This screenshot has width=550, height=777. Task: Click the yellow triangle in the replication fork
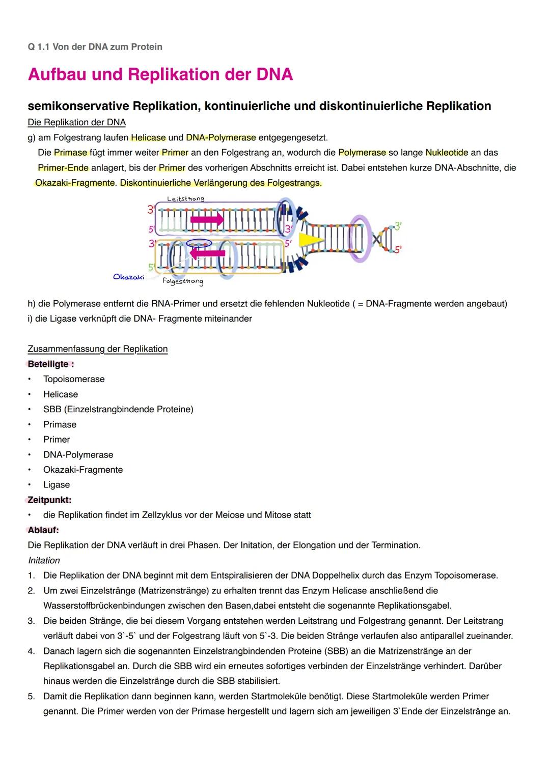308,241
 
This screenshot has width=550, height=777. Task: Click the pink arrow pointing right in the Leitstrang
207,219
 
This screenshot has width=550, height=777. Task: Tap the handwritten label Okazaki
128,277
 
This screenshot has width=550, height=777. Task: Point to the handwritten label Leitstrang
185,198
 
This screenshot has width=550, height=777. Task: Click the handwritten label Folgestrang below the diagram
183,281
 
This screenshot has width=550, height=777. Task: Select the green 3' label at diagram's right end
398,226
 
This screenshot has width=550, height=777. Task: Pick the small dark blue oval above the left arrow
199,243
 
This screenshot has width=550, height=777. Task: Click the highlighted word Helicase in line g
148,137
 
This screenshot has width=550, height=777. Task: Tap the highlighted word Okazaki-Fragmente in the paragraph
75,183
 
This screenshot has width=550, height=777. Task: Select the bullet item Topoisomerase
74,379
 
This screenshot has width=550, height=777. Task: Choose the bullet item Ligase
57,485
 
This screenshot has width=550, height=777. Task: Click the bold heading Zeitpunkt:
49,500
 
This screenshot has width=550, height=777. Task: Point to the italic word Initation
44,560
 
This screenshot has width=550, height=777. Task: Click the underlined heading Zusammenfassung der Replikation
97,349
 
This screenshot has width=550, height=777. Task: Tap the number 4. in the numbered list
32,651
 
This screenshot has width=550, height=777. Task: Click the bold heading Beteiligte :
51,364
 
